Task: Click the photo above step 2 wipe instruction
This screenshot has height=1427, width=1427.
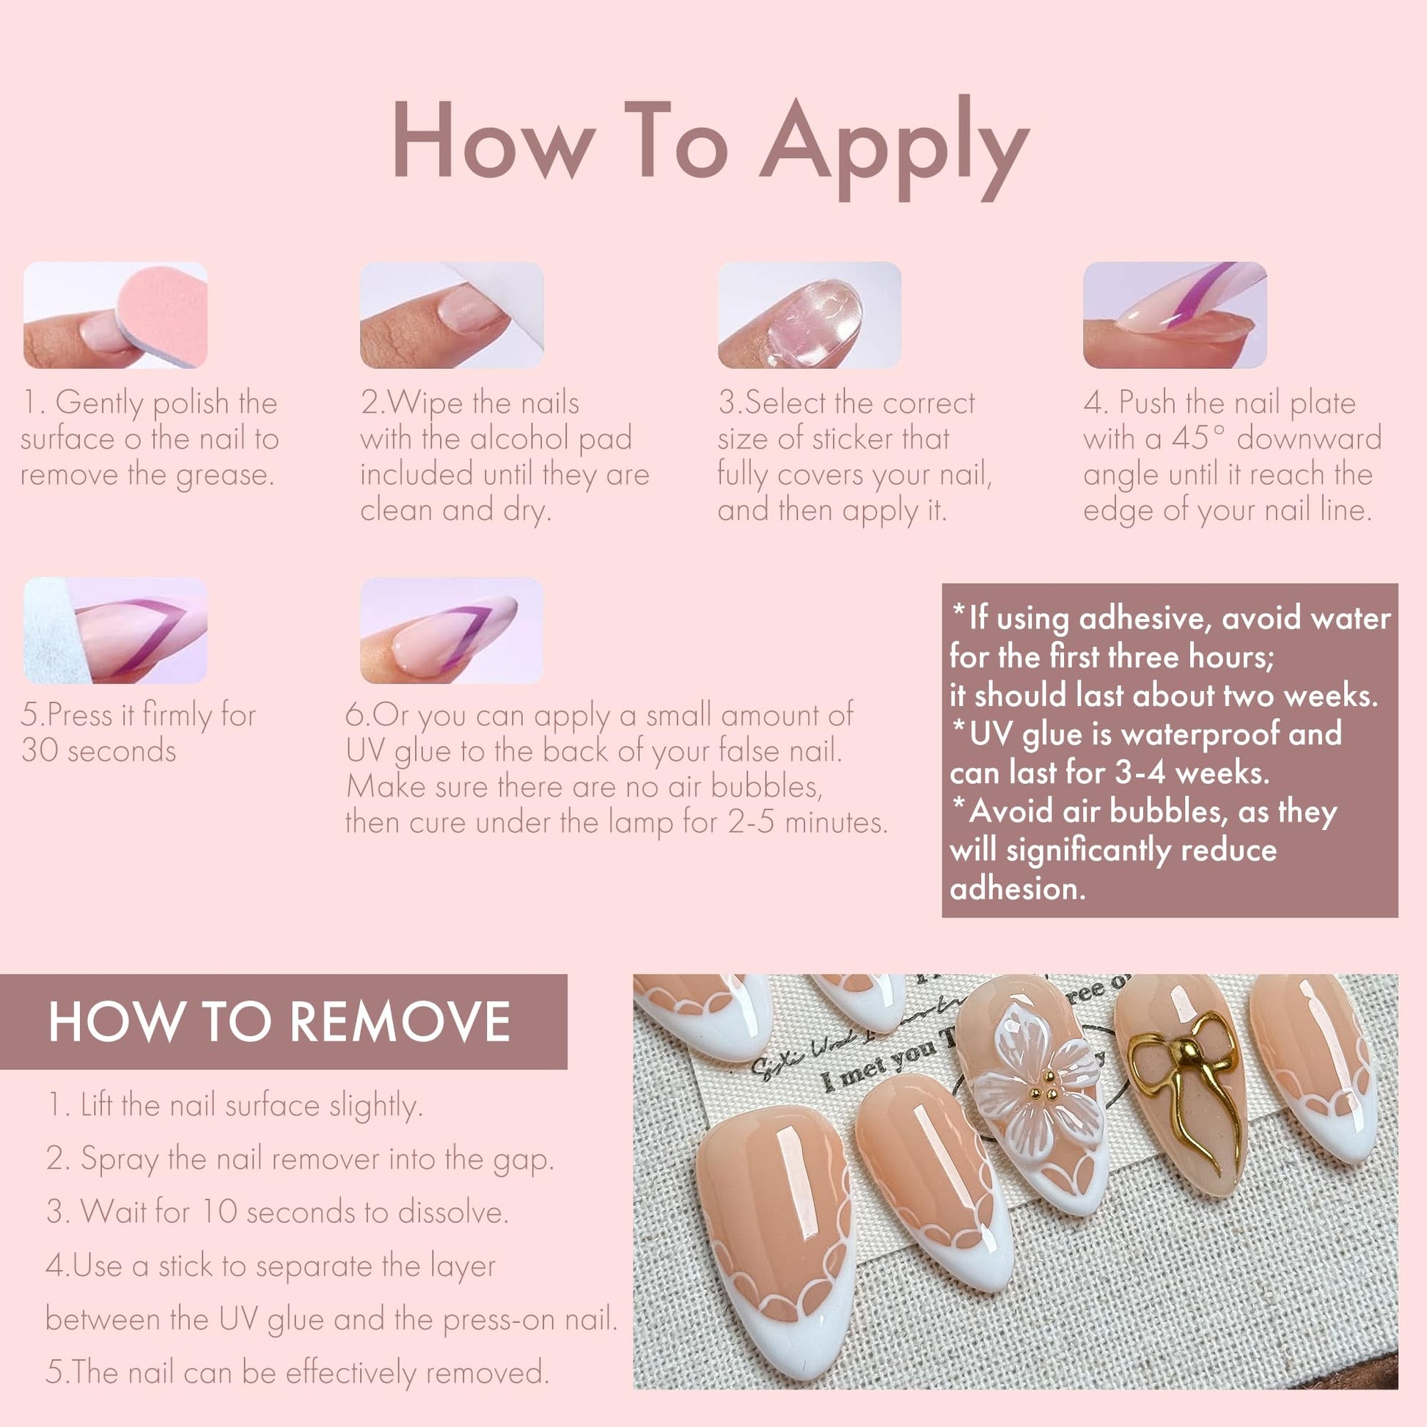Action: click(x=451, y=315)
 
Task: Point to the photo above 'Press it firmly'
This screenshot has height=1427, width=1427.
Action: click(x=115, y=630)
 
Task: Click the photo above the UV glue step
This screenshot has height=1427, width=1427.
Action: click(x=451, y=630)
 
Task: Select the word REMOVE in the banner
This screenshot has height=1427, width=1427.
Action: click(x=400, y=1022)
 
